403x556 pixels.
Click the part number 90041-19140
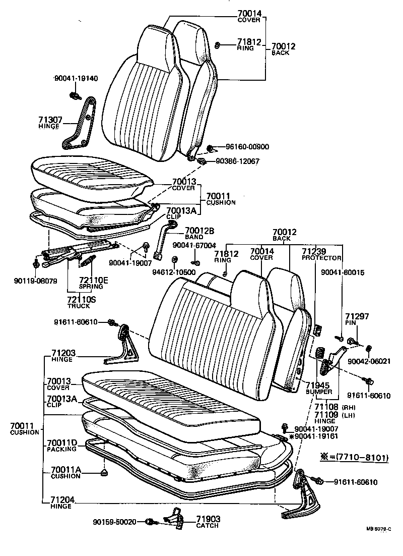click(x=76, y=78)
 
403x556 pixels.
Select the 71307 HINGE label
click(x=50, y=123)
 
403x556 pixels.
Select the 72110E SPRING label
click(x=91, y=283)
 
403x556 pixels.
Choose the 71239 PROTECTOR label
click(x=314, y=254)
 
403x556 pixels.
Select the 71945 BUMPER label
click(x=318, y=388)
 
